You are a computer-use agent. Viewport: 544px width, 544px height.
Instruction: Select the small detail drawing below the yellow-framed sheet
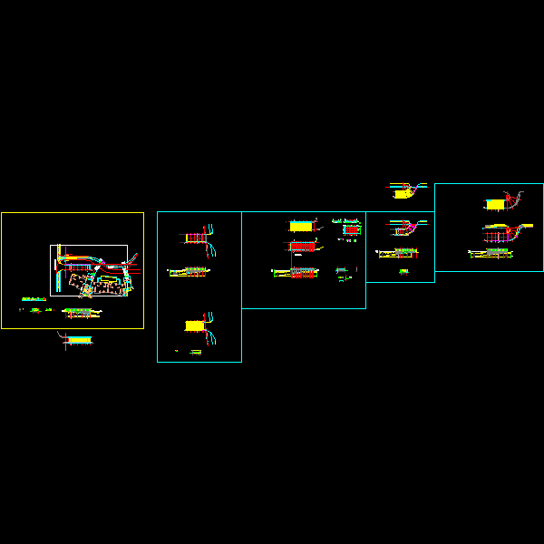pos(78,340)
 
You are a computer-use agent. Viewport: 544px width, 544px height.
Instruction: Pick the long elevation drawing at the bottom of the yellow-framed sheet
pos(82,311)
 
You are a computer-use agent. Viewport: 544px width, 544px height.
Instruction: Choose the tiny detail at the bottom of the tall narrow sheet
pos(195,351)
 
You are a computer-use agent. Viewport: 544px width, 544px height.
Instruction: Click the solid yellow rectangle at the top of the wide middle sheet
pos(301,226)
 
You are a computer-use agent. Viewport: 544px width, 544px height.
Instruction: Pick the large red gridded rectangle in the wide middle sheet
pos(301,246)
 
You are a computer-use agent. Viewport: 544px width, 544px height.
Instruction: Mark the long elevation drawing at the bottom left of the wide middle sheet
pos(296,271)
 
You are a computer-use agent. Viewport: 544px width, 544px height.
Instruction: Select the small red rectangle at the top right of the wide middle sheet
pos(349,230)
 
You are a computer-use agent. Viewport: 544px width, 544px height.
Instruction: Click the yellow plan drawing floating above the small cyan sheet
pos(403,191)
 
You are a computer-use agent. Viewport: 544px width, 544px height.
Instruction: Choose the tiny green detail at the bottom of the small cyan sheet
pos(403,272)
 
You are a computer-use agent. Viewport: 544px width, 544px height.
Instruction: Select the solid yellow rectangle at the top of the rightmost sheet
pos(494,205)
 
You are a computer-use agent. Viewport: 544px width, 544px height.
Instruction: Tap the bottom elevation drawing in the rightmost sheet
pos(494,253)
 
